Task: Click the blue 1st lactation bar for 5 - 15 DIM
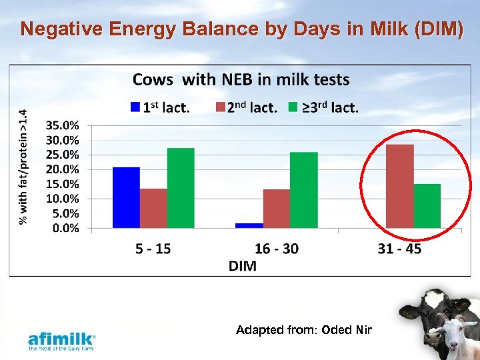(x=126, y=197)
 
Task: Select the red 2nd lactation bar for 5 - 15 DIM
(x=153, y=208)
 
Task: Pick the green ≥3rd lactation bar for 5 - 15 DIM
(x=181, y=188)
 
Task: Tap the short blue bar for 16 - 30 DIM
(x=249, y=225)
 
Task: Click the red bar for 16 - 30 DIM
(x=276, y=209)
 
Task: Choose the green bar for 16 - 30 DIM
(x=303, y=190)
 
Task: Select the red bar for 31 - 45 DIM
(x=400, y=186)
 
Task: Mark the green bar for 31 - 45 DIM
(x=427, y=206)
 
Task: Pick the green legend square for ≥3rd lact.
(x=292, y=107)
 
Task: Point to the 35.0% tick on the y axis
(x=63, y=125)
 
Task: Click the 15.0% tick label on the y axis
(x=63, y=184)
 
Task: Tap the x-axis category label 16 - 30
(x=276, y=249)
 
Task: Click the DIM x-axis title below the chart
(x=242, y=266)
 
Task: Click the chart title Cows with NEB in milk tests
(x=241, y=80)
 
